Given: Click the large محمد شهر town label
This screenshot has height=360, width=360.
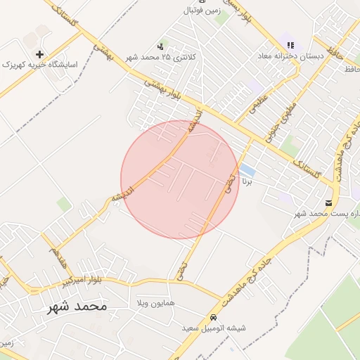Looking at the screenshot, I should point(77,307).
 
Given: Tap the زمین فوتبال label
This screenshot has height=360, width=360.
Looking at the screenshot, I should point(202,11).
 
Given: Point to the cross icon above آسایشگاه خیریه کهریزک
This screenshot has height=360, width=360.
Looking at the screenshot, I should point(39,53).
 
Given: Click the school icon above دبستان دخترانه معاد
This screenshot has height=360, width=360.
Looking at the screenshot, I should point(290,45).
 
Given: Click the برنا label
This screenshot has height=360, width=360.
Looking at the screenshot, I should point(246,181).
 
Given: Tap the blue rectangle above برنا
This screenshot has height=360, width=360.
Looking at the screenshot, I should point(247,170).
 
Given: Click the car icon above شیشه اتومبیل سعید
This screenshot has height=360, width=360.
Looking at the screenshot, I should point(214,317).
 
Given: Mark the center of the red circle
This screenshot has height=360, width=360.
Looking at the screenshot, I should point(180,179).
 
